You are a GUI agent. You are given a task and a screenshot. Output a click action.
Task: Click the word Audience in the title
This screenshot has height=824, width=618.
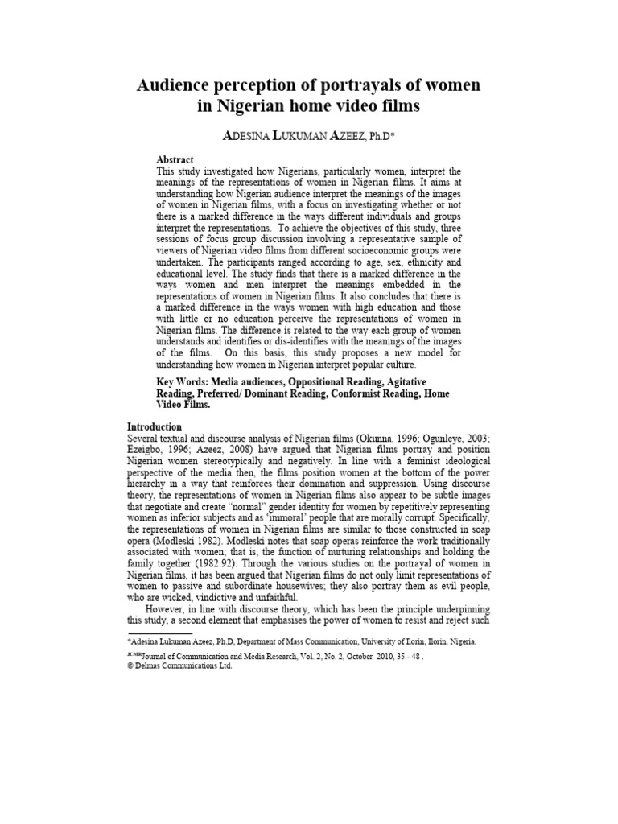175,85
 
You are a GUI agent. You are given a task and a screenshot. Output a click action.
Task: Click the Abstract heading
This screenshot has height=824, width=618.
175,160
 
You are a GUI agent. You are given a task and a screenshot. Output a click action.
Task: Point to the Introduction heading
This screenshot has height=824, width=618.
154,426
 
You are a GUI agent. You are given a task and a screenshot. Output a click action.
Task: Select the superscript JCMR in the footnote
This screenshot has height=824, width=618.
134,655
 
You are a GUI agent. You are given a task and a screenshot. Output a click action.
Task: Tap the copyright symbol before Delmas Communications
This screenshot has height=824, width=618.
130,666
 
